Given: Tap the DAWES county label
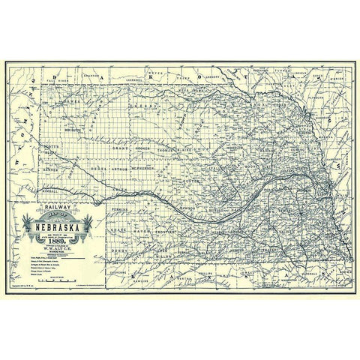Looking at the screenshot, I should coord(73,102).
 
